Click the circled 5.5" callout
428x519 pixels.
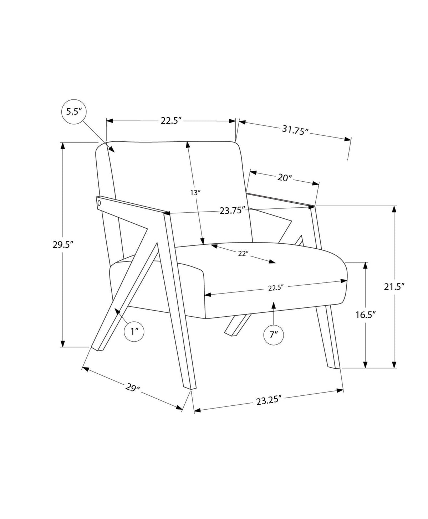[74, 111]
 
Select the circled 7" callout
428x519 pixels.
[274, 334]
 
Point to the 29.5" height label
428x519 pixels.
[63, 245]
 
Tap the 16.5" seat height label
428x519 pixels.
[365, 315]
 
